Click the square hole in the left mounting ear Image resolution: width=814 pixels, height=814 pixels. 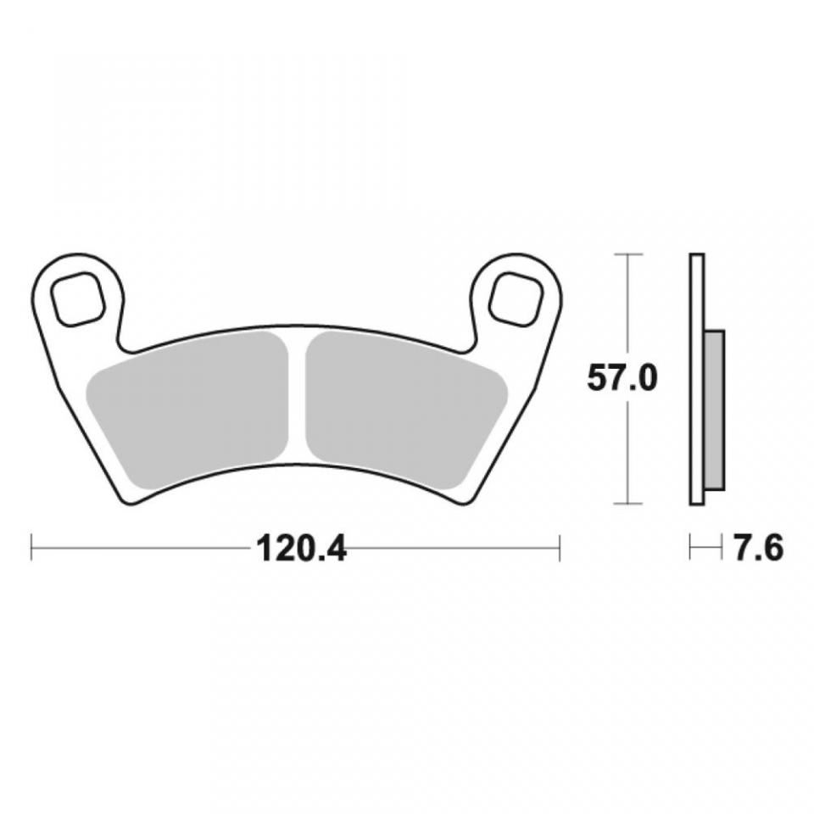(77, 299)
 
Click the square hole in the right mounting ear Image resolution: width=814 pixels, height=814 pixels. (516, 298)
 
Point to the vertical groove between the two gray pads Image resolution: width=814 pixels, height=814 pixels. (297, 399)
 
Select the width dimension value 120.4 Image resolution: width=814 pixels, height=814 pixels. (301, 549)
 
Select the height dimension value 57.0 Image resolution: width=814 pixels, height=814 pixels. (622, 379)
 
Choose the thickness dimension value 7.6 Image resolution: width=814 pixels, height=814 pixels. (757, 549)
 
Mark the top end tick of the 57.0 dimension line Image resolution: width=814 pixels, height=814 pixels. (627, 254)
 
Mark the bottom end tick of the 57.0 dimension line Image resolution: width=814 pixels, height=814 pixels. (627, 505)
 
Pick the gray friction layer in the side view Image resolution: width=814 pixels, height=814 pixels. (715, 410)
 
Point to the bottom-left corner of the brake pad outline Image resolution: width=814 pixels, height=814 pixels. (129, 501)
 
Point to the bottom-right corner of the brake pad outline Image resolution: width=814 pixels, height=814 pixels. (463, 501)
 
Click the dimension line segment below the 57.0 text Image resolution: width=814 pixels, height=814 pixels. (627, 449)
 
